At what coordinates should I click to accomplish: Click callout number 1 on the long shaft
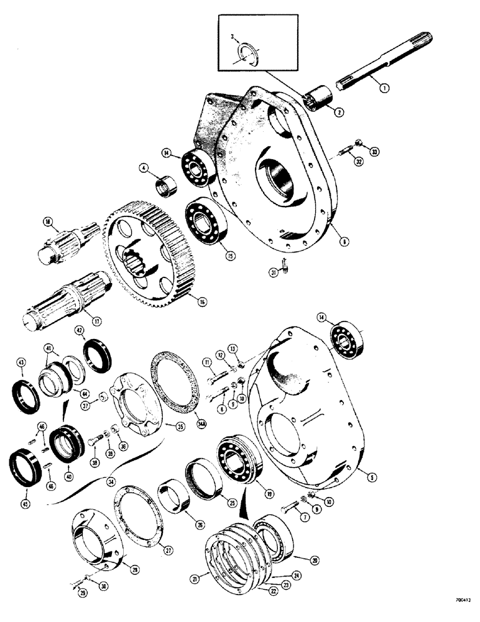(385, 88)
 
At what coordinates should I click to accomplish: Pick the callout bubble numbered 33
(373, 151)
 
